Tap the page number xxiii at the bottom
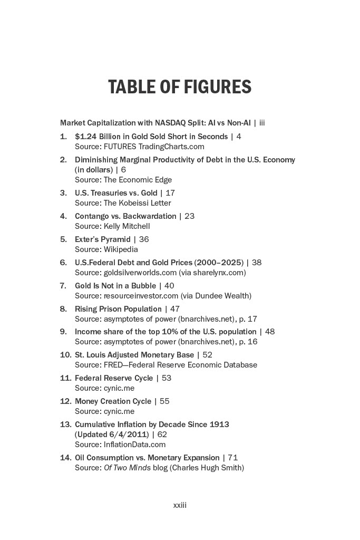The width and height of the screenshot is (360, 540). [x=180, y=505]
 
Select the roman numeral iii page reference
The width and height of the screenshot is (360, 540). [x=261, y=123]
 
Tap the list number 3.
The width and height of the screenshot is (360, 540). [x=63, y=193]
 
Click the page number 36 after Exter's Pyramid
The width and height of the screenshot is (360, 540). [x=144, y=239]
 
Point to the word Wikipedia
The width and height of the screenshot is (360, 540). [x=121, y=249]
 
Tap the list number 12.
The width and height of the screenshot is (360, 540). [x=65, y=401]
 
